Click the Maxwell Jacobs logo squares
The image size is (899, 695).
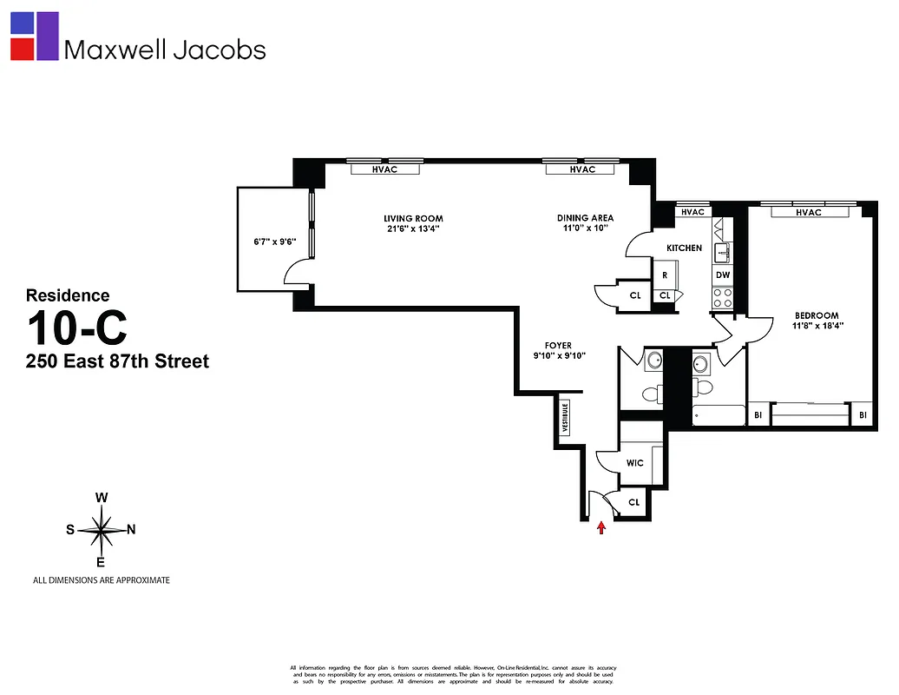pyautogui.click(x=35, y=36)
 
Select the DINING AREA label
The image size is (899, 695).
pyautogui.click(x=585, y=218)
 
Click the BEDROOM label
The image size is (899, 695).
pyautogui.click(x=817, y=315)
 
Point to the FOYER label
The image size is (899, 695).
pyautogui.click(x=558, y=346)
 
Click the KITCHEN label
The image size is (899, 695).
pyautogui.click(x=684, y=248)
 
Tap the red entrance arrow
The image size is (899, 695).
pyautogui.click(x=600, y=527)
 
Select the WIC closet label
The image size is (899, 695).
pyautogui.click(x=634, y=463)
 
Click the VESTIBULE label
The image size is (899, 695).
pyautogui.click(x=565, y=418)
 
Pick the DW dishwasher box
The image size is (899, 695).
pyautogui.click(x=723, y=275)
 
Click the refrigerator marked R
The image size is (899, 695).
pyautogui.click(x=665, y=275)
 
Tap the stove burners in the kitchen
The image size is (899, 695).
pyautogui.click(x=723, y=298)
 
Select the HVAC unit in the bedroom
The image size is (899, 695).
pyautogui.click(x=808, y=212)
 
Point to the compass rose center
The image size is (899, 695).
pyautogui.click(x=102, y=529)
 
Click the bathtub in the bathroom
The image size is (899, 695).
pyautogui.click(x=719, y=415)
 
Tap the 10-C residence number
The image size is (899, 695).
pyautogui.click(x=76, y=328)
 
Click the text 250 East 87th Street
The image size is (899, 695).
pyautogui.click(x=117, y=361)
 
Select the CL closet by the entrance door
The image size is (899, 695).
pyautogui.click(x=633, y=502)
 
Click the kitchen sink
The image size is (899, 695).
pyautogui.click(x=723, y=253)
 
